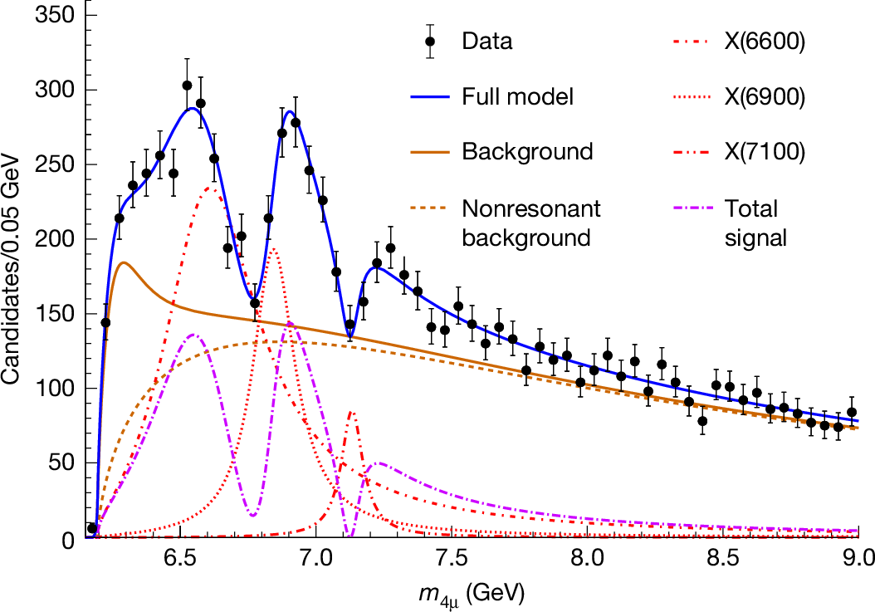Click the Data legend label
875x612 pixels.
coord(487,42)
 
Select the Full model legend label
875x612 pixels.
coord(518,96)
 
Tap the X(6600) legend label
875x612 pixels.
coord(763,42)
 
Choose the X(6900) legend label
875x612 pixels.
coord(763,96)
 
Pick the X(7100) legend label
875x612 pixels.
coord(763,152)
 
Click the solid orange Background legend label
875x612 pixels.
coord(527,152)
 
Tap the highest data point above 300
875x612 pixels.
coord(187,86)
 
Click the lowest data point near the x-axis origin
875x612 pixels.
coord(92,528)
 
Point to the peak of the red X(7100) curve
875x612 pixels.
coord(352,412)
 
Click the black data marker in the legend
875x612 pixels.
coord(430,42)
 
